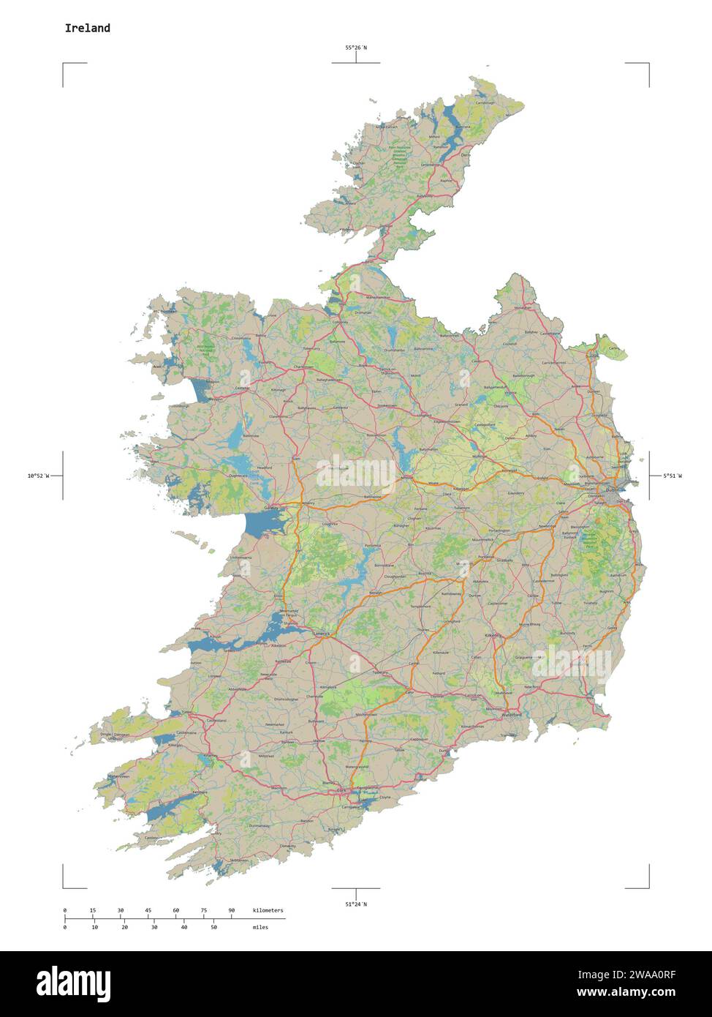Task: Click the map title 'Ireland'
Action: click(88, 29)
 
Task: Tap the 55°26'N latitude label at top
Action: click(356, 48)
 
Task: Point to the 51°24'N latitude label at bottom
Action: click(356, 904)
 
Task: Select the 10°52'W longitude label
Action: click(39, 476)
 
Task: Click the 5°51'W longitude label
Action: click(672, 476)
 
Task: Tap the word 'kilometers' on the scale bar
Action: click(268, 910)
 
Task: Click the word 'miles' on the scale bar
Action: click(260, 927)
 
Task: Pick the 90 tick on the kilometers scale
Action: click(232, 910)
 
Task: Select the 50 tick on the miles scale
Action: click(213, 927)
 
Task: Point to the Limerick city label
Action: click(322, 633)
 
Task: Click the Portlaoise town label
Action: click(485, 557)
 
